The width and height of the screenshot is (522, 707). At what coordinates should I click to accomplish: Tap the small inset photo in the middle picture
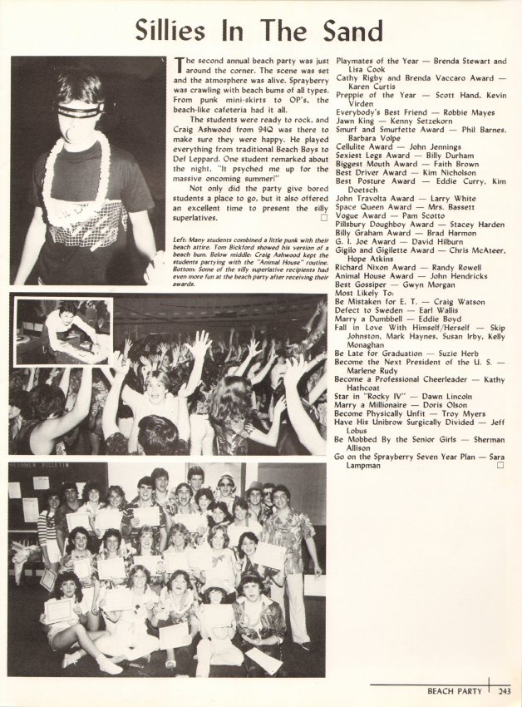pos(63,331)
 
